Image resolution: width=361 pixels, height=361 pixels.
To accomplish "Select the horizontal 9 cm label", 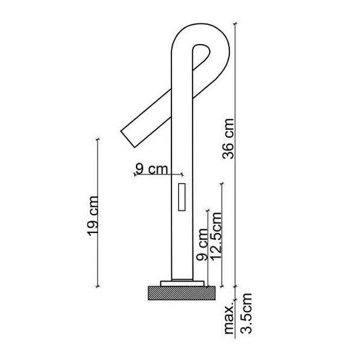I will pyautogui.click(x=151, y=169).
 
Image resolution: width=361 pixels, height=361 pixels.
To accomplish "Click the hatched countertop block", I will pyautogui.click(x=182, y=293).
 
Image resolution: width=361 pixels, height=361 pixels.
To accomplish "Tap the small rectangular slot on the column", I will pyautogui.click(x=180, y=196).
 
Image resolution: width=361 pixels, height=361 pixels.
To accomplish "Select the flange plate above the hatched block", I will pyautogui.click(x=182, y=282).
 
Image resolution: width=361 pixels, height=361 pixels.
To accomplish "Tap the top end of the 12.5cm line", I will pyautogui.click(x=222, y=183).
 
